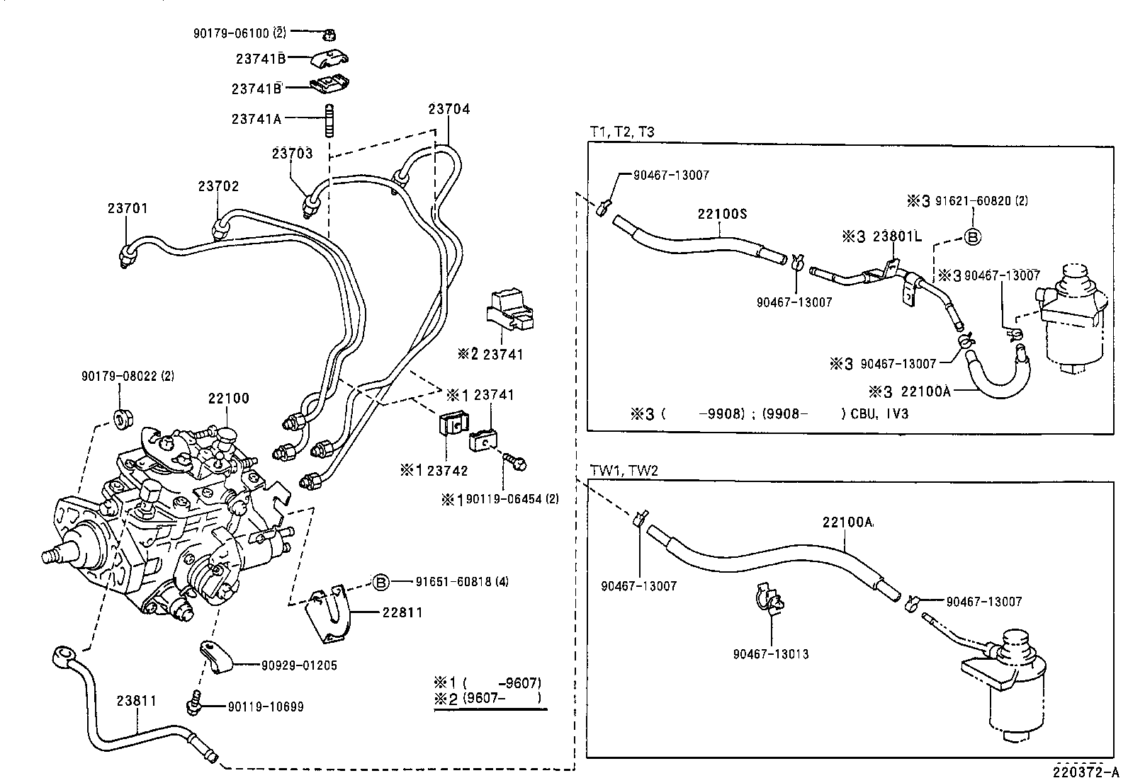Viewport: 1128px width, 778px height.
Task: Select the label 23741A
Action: point(256,119)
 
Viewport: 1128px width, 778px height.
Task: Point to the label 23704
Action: point(449,109)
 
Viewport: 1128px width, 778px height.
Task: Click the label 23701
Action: point(128,208)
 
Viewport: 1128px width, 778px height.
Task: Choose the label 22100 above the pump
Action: point(228,399)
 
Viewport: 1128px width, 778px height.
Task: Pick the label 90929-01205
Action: point(299,665)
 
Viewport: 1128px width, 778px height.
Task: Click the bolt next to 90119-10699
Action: point(193,702)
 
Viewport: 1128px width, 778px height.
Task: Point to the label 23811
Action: point(137,701)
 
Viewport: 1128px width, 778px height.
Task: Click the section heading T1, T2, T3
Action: point(621,132)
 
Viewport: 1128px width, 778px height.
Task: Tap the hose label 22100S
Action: point(722,214)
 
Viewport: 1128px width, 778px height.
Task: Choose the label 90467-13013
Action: point(771,654)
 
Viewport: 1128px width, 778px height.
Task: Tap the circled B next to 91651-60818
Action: point(380,583)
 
